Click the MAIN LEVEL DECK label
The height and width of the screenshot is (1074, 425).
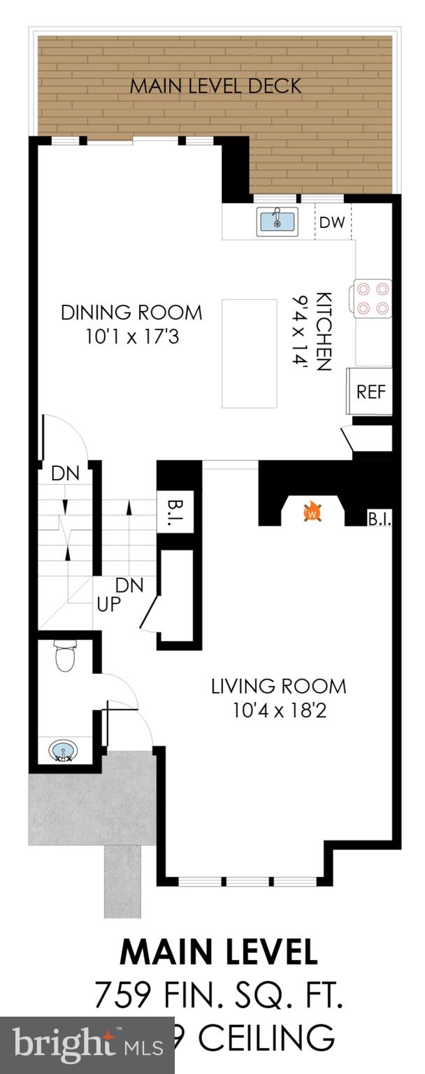point(216,86)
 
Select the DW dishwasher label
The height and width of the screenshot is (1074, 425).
point(333,222)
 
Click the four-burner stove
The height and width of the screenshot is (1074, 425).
point(373,297)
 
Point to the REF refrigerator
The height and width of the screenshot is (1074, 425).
point(370,392)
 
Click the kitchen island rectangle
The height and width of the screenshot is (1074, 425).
point(249,353)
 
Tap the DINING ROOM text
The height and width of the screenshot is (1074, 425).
point(131,312)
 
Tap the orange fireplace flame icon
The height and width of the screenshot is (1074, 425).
point(312,513)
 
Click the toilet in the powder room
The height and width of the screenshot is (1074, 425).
point(66,657)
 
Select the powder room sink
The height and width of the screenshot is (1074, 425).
point(64,752)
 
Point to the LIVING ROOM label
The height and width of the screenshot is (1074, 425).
point(278,686)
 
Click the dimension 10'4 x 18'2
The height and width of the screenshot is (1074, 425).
point(278,710)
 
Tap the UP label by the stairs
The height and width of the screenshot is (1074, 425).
point(109,604)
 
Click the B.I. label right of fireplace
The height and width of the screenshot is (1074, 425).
point(380,520)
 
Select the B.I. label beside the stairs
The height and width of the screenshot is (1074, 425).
point(174,505)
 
